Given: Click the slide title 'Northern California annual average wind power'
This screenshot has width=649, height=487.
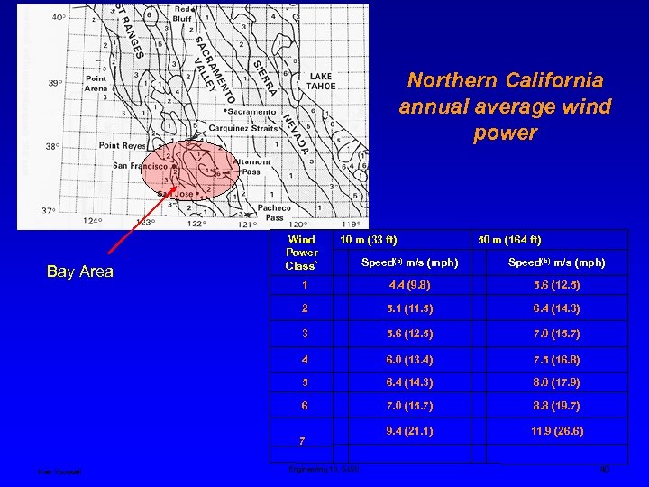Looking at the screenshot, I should tap(505, 107).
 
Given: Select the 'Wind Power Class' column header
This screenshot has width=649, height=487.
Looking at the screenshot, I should tap(301, 253).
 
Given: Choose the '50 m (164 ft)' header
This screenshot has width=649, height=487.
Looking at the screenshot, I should tap(510, 240).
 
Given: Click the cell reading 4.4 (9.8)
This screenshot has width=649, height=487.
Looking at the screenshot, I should tap(409, 286).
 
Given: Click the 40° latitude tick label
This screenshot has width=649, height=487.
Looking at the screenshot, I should tap(58, 17).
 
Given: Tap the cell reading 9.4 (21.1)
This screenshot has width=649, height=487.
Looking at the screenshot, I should tap(409, 431).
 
